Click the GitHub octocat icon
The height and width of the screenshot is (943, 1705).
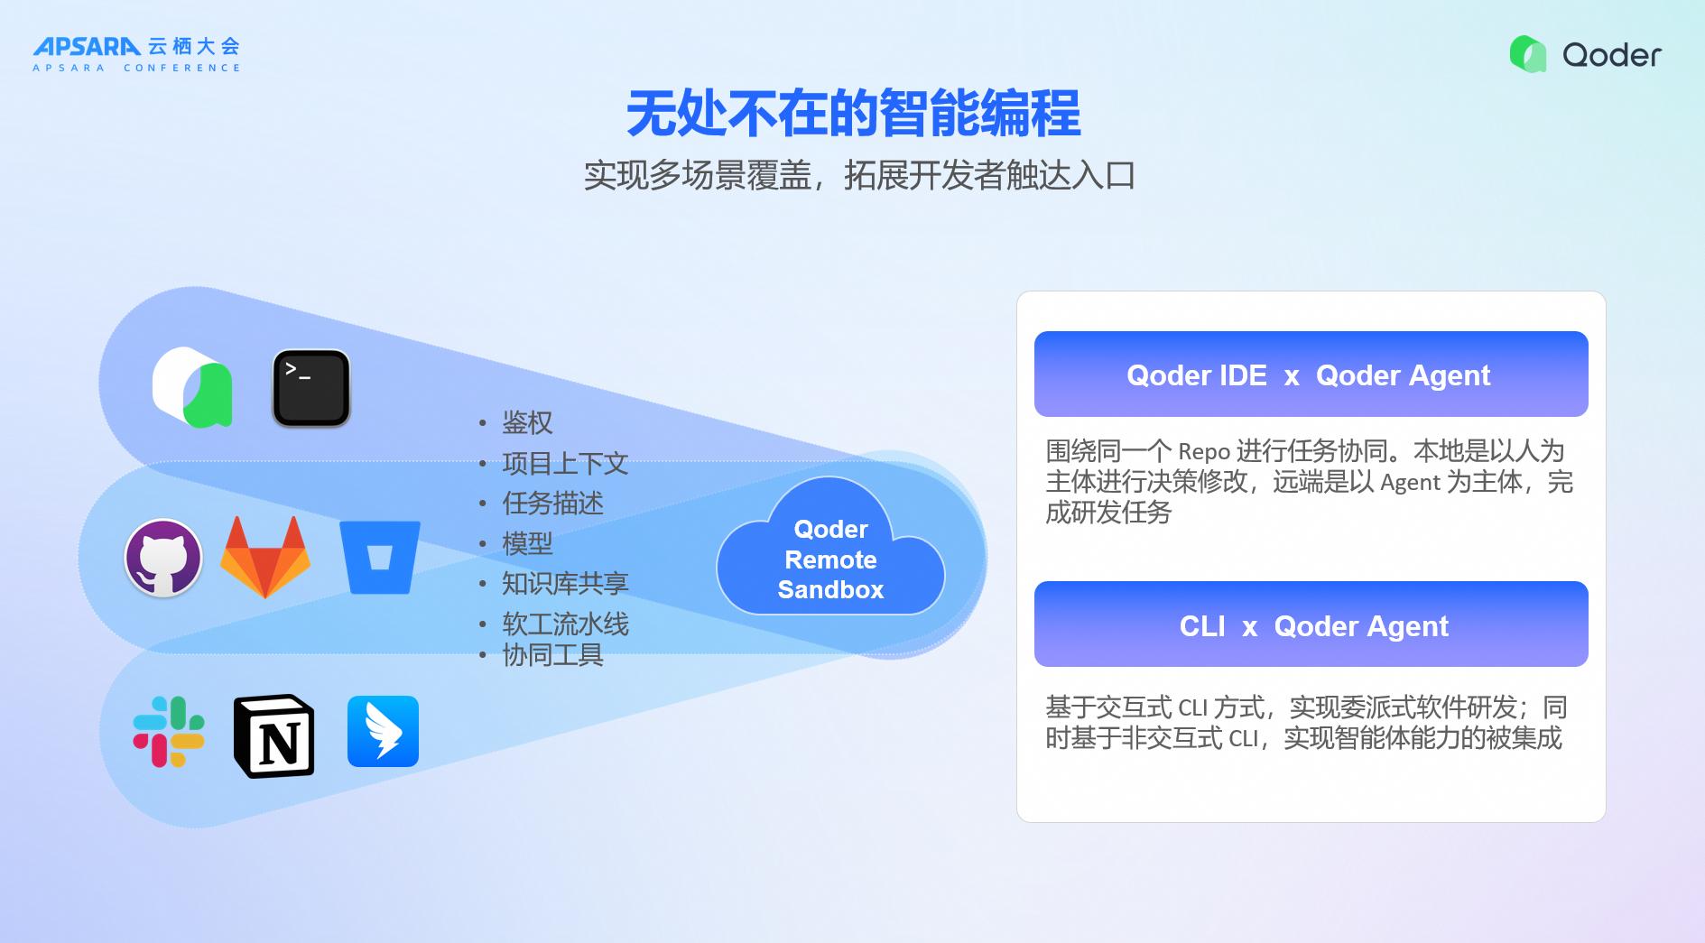162,558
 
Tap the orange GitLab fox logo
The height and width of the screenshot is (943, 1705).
265,557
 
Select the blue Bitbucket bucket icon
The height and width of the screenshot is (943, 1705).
380,557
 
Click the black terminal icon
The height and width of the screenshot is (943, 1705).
311,388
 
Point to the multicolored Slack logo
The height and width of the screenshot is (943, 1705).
169,731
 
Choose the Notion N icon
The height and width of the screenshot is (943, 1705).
274,735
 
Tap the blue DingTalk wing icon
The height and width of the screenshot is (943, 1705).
383,731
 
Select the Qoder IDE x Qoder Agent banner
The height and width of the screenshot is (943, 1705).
1311,374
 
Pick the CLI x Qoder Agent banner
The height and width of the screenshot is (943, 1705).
1311,624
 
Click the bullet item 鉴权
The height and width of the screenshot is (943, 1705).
527,422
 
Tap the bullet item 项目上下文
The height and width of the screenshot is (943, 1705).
565,463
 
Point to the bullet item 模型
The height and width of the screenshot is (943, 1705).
527,543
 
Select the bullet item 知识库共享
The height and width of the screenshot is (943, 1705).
565,583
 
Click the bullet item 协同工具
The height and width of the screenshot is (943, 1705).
552,655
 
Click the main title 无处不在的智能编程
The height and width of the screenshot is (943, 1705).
853,114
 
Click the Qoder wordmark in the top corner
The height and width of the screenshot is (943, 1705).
1611,55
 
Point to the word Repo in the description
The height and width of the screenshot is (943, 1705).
1204,451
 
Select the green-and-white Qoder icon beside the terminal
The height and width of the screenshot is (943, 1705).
193,387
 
